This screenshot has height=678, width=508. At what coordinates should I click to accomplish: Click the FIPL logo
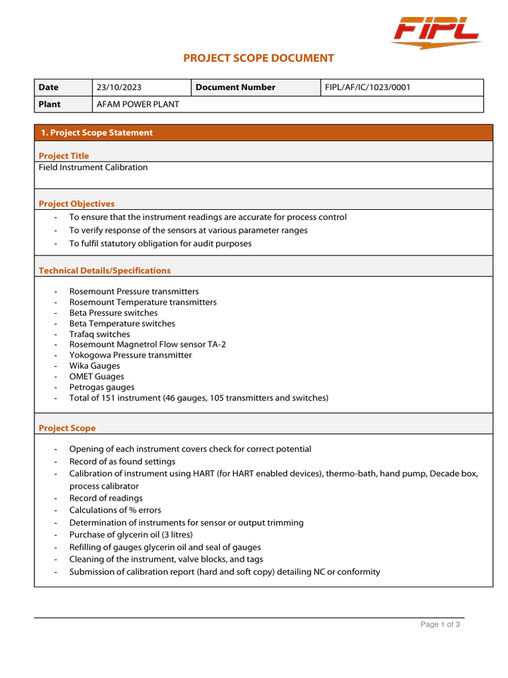click(x=436, y=32)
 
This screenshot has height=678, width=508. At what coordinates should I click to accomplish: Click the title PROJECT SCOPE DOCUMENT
click(x=259, y=58)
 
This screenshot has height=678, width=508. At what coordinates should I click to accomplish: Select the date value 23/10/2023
click(x=119, y=87)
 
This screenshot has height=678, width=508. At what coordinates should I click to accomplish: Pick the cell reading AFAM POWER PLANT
click(x=138, y=104)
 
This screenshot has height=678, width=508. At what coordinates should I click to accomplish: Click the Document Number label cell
click(x=235, y=87)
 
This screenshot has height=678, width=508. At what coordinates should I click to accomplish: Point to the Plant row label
click(x=50, y=104)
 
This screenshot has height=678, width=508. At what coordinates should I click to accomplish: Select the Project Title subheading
click(x=63, y=156)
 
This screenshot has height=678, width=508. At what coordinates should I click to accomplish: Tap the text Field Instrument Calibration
click(x=93, y=168)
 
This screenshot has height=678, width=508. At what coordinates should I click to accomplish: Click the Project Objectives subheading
click(x=76, y=204)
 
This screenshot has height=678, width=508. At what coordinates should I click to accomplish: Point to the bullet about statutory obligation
click(x=160, y=244)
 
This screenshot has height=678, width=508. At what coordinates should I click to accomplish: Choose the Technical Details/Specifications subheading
click(x=105, y=270)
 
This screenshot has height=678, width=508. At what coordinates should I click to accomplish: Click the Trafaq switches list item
click(x=99, y=334)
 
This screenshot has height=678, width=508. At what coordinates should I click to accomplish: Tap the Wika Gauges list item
click(x=95, y=366)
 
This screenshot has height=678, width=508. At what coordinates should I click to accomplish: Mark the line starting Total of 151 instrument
click(x=198, y=398)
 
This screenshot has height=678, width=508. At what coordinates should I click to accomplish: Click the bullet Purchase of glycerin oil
click(x=131, y=535)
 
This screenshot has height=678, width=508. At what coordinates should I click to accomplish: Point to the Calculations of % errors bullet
click(x=115, y=510)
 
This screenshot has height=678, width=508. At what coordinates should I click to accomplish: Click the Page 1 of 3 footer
click(x=441, y=624)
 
